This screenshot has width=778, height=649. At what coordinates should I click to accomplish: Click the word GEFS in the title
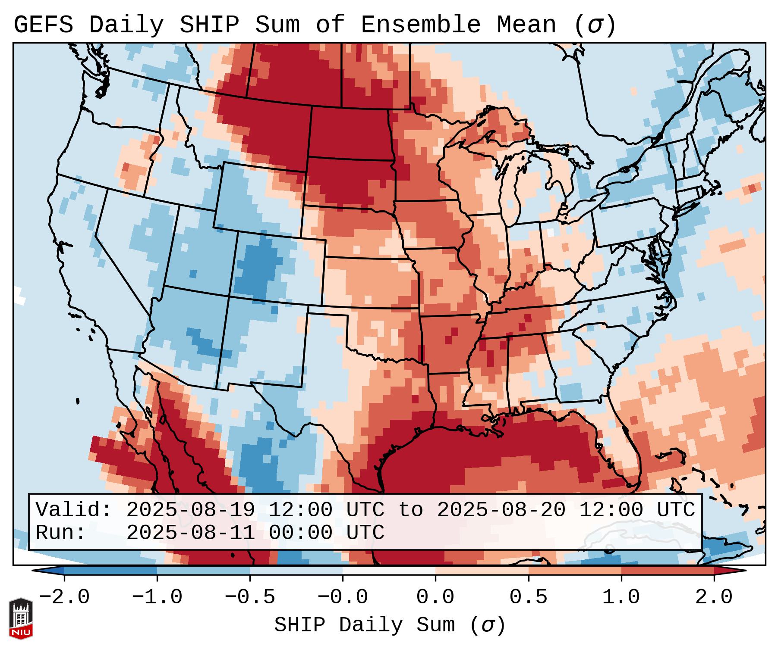pos(43,25)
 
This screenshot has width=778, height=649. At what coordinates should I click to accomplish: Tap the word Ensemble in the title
pos(420,25)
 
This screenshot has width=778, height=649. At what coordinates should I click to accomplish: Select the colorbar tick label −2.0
pos(64,597)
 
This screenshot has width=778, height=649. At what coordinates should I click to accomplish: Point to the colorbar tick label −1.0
pos(157,597)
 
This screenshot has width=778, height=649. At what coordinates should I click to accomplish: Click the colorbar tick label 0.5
pos(528,597)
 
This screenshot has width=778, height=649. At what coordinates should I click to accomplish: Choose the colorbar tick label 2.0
pos(714,597)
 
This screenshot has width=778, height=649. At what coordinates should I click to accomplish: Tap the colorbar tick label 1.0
pos(621,597)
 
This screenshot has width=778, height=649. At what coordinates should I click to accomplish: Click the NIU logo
pos(21,618)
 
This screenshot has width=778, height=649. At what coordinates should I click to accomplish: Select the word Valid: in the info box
pos(74,510)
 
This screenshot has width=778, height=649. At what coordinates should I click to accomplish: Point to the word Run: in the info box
pos(61,533)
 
